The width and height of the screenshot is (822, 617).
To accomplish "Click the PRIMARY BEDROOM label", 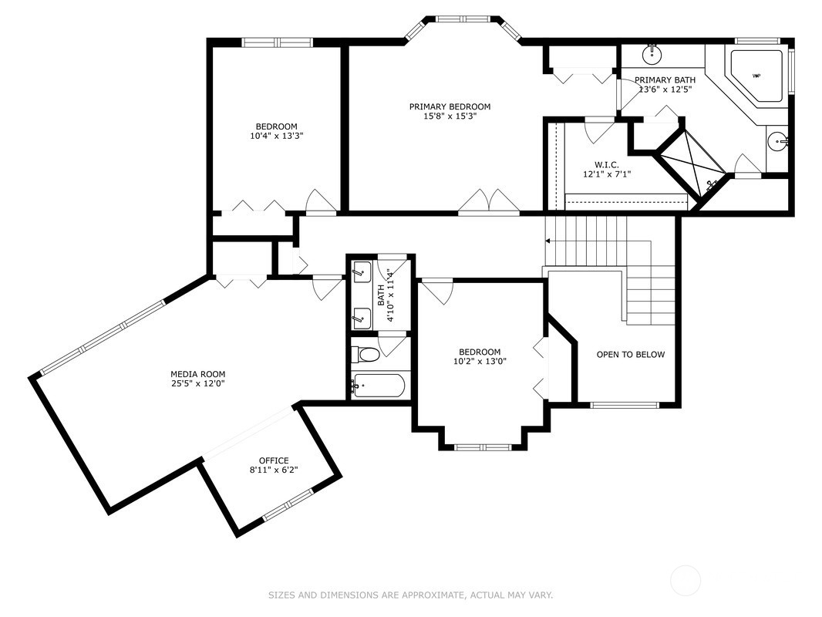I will (450, 106).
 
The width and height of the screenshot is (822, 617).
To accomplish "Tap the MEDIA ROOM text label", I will (197, 374).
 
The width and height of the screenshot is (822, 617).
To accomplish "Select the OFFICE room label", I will (273, 460).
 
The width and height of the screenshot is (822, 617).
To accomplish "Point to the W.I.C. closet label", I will (606, 164).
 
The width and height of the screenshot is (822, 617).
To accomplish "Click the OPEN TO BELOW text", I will (630, 355).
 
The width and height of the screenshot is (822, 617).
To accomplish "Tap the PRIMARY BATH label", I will (665, 79).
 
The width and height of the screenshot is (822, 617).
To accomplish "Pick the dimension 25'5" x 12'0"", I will (197, 383).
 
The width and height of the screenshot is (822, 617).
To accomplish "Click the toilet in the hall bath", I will (367, 355).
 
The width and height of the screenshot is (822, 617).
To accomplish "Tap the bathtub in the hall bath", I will (378, 386).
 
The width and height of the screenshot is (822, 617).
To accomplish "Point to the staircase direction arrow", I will (550, 241).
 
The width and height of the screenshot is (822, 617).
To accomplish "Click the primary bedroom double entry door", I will (489, 202).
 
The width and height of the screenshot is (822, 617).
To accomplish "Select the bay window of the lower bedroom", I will (482, 446).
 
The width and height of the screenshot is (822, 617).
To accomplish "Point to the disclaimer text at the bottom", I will (410, 595).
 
